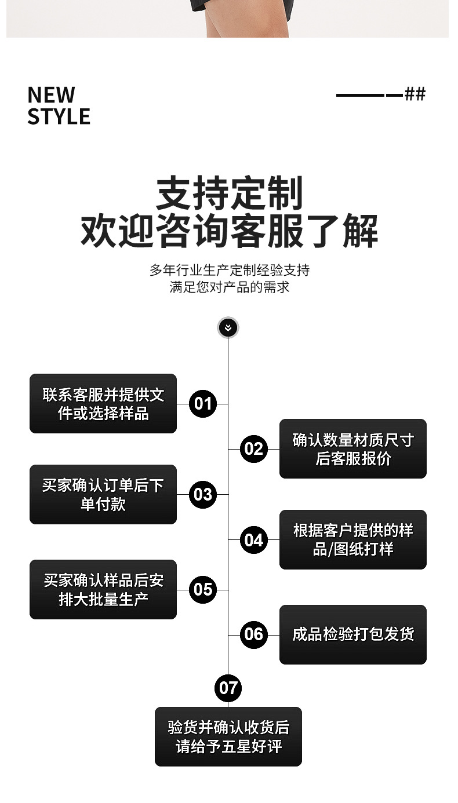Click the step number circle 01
click(203, 403)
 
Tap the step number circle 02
click(253, 449)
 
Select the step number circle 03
click(203, 494)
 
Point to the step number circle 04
click(253, 540)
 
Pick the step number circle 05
click(203, 589)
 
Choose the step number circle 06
click(253, 634)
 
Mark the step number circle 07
click(228, 688)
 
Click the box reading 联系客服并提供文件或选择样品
click(103, 404)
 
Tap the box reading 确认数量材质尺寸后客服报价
click(352, 449)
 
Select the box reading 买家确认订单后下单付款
click(103, 494)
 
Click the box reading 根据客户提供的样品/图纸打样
click(352, 539)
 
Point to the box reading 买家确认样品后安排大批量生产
click(103, 589)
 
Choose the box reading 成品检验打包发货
click(352, 634)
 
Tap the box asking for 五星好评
click(228, 736)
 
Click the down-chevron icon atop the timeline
click(228, 328)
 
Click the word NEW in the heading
click(52, 95)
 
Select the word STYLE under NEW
click(59, 116)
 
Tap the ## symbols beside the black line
click(415, 94)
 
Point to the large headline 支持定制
click(229, 194)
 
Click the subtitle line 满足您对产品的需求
click(229, 287)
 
